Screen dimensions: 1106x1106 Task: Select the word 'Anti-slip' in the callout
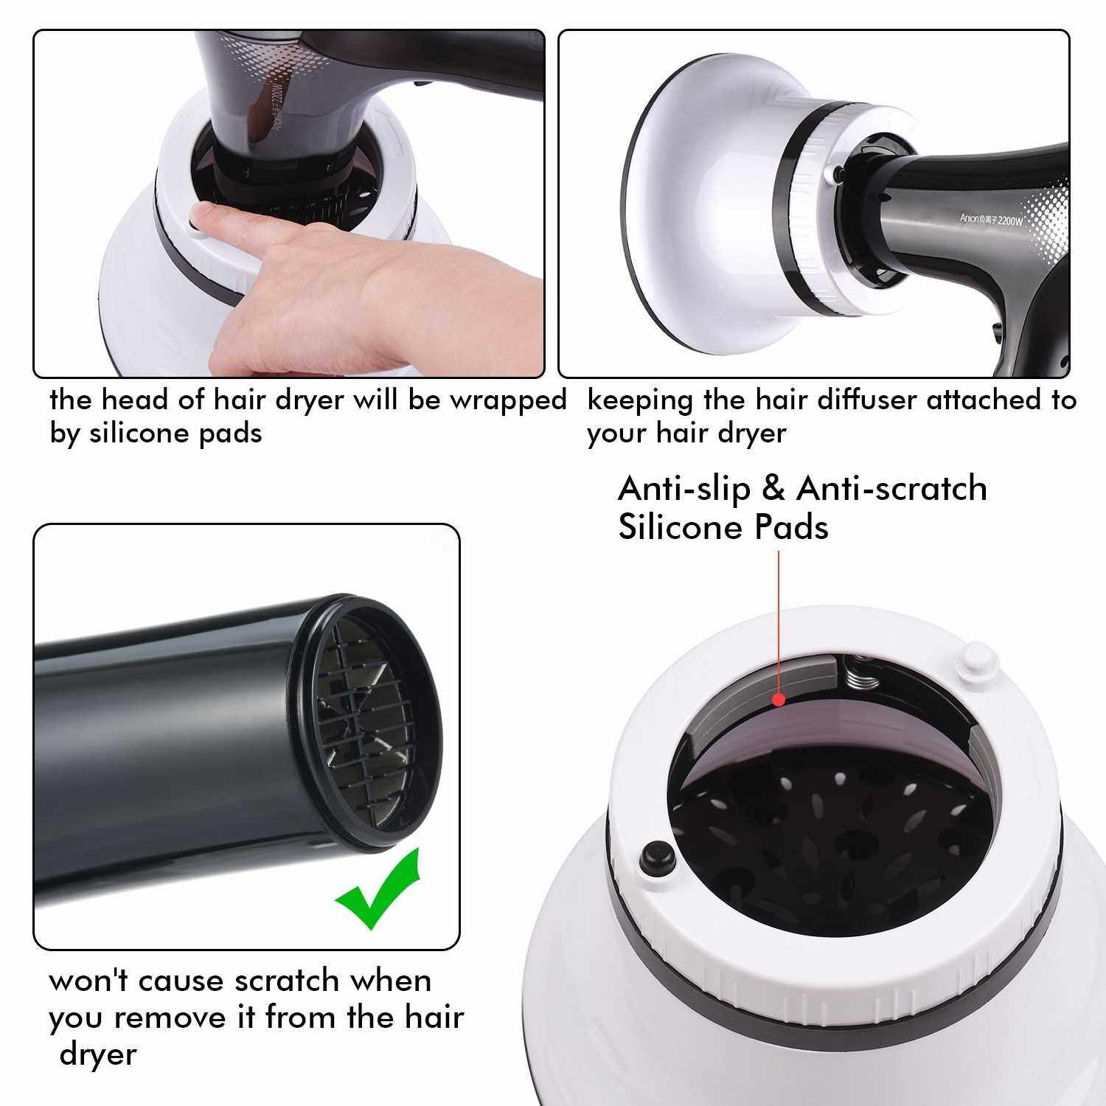pyautogui.click(x=684, y=488)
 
